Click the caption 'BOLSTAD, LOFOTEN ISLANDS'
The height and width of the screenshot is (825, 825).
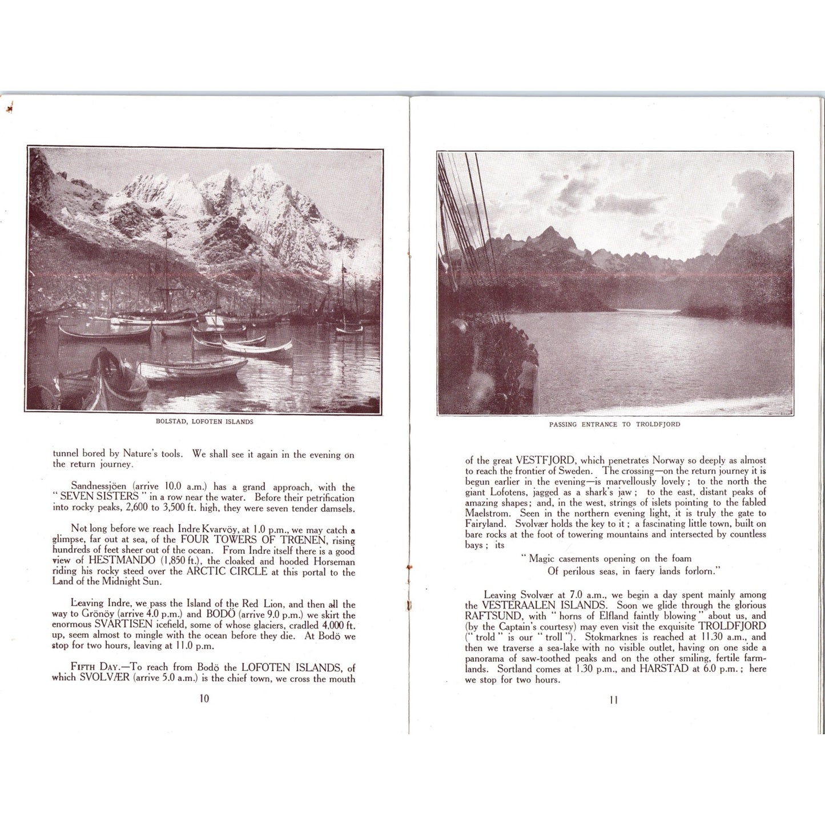[204, 422]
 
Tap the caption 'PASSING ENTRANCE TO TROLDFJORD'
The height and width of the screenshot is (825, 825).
[614, 424]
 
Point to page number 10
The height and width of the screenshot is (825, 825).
[204, 698]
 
